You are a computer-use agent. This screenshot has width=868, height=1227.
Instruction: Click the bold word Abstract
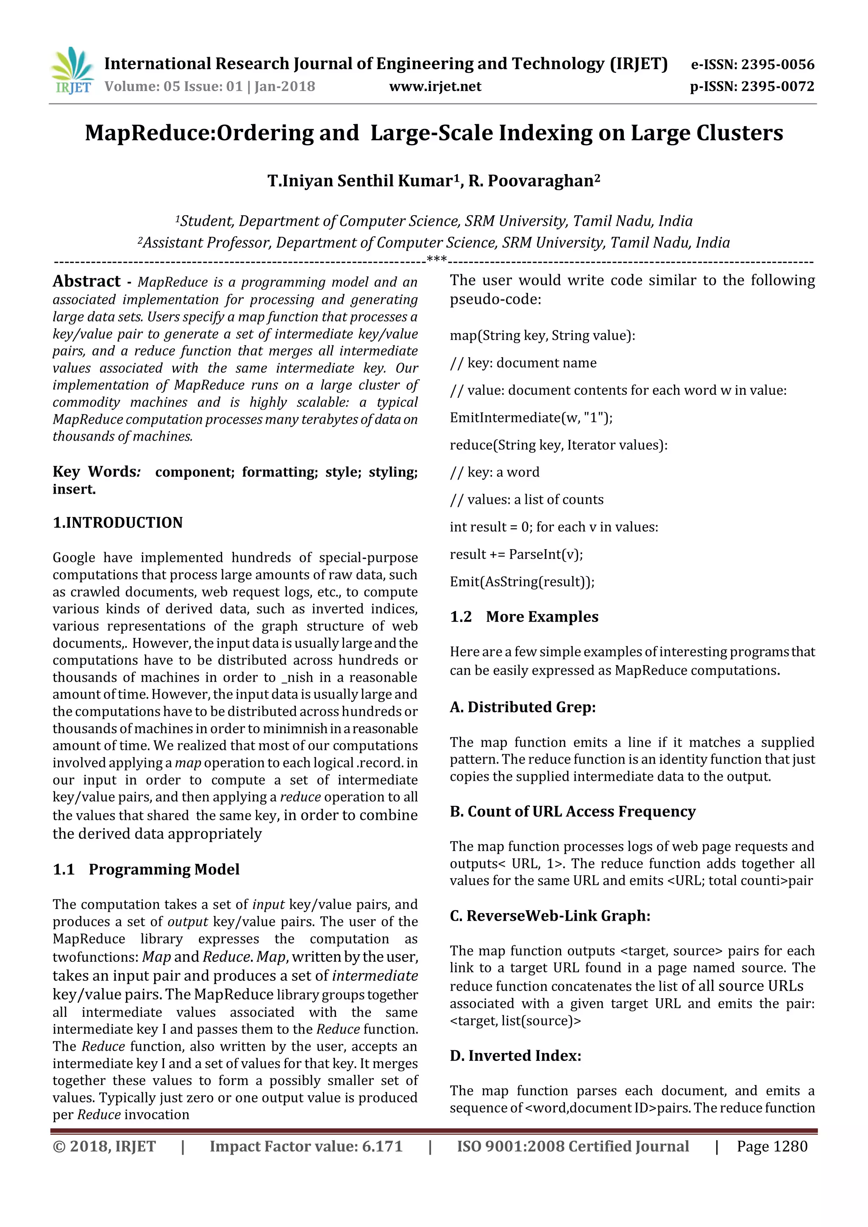pos(86,282)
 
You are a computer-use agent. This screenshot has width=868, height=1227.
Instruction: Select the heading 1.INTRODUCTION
pos(117,523)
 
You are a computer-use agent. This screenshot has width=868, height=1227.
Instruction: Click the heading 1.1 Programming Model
pos(146,869)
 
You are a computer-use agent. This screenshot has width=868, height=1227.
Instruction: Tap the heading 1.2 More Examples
pos(524,617)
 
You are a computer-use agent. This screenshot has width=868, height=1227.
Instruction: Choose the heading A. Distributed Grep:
pos(522,708)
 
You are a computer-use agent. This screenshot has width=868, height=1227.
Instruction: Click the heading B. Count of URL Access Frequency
pos(573,812)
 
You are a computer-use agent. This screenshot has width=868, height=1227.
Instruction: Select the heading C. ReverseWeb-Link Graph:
pos(550,916)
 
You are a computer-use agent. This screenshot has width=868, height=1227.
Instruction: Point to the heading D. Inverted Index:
pos(515,1056)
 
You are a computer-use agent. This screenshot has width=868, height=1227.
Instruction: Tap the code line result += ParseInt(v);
pos(516,554)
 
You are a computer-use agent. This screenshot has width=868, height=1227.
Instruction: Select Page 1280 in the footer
pos(772,1146)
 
